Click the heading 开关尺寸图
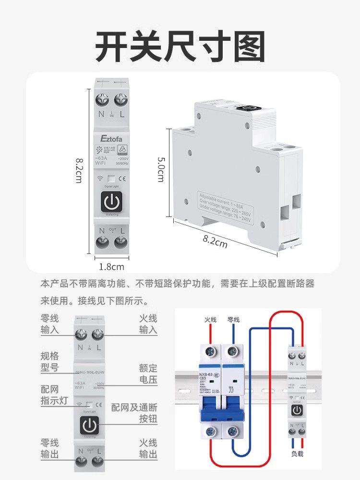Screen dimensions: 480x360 (180, 47)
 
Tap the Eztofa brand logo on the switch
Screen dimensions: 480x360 (111, 138)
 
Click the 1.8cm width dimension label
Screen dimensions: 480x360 (111, 266)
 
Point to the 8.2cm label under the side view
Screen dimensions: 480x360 (215, 242)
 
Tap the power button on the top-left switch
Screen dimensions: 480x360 (111, 202)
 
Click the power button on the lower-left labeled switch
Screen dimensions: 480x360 (89, 425)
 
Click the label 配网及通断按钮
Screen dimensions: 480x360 (134, 413)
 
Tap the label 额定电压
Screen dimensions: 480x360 (148, 374)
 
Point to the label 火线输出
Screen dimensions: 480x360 (148, 447)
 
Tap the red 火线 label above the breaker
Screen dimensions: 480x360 (211, 320)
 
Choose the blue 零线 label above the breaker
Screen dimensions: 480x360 (233, 320)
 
